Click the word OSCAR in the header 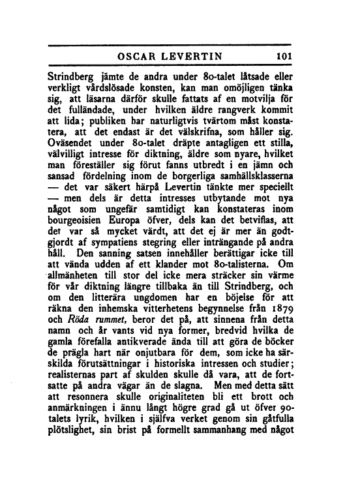pyautogui.click(x=132, y=55)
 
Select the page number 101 pyautogui.click(x=286, y=55)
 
